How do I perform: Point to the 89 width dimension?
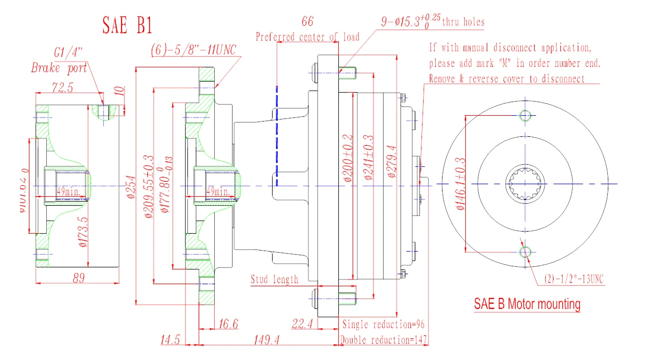click(78, 278)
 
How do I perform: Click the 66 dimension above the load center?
click(307, 22)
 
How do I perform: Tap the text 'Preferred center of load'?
click(307, 37)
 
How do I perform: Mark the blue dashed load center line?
click(277, 137)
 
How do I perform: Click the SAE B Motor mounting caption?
click(527, 304)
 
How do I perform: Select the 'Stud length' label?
click(274, 279)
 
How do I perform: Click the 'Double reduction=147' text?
click(384, 340)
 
